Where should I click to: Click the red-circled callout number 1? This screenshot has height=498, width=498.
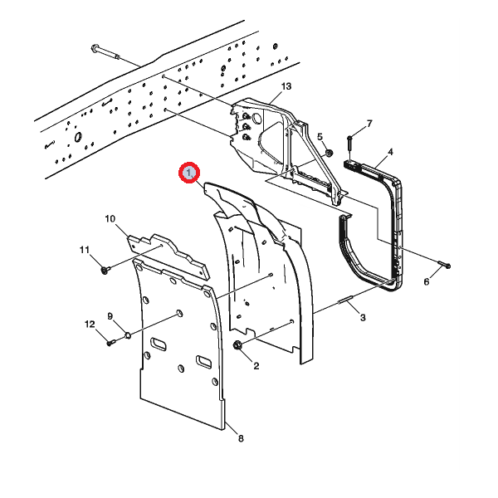[190, 173]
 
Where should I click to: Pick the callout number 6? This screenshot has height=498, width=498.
[427, 282]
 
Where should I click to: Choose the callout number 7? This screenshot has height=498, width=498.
[369, 124]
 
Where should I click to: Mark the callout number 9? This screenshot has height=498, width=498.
[110, 316]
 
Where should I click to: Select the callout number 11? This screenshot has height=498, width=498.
[84, 250]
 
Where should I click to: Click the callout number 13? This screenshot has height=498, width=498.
[286, 87]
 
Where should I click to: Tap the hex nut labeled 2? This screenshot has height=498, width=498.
[239, 344]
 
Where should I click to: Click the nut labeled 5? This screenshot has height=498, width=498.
[329, 152]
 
